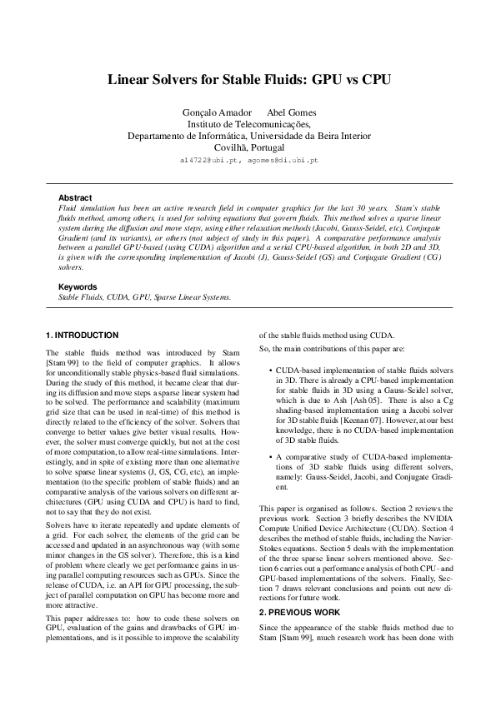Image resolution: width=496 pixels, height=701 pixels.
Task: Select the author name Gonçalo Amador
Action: (x=213, y=112)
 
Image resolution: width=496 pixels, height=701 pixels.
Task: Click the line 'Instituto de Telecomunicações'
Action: (x=248, y=124)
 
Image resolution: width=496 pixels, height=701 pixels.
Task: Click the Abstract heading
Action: (x=75, y=197)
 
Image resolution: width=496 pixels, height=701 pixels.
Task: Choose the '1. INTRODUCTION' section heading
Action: (x=88, y=335)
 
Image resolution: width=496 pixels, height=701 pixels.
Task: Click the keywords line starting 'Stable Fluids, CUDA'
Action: (x=143, y=296)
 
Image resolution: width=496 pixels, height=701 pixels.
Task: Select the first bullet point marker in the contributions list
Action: (x=268, y=368)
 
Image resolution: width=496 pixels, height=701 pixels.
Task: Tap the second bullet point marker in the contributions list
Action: (x=268, y=457)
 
